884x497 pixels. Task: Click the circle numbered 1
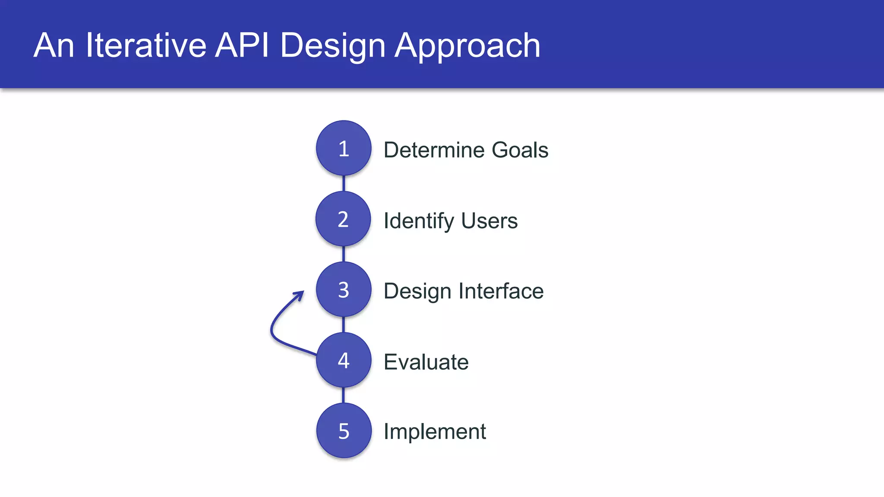[x=344, y=148]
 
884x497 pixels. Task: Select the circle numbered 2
[x=343, y=219]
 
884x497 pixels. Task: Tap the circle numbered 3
[x=344, y=289]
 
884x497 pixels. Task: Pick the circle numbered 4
[x=344, y=360]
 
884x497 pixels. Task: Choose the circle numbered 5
[x=344, y=431]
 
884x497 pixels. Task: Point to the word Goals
[x=520, y=150]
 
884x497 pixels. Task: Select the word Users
[x=489, y=221]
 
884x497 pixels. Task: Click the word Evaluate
[x=426, y=362]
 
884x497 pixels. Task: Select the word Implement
[x=435, y=432]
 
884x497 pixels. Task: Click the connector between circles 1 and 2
[x=344, y=183]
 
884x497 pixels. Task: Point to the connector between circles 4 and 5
[x=344, y=395]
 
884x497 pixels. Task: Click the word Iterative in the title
[x=146, y=45]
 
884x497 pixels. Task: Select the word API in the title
[x=242, y=45]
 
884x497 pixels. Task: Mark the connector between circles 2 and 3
[x=344, y=254]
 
